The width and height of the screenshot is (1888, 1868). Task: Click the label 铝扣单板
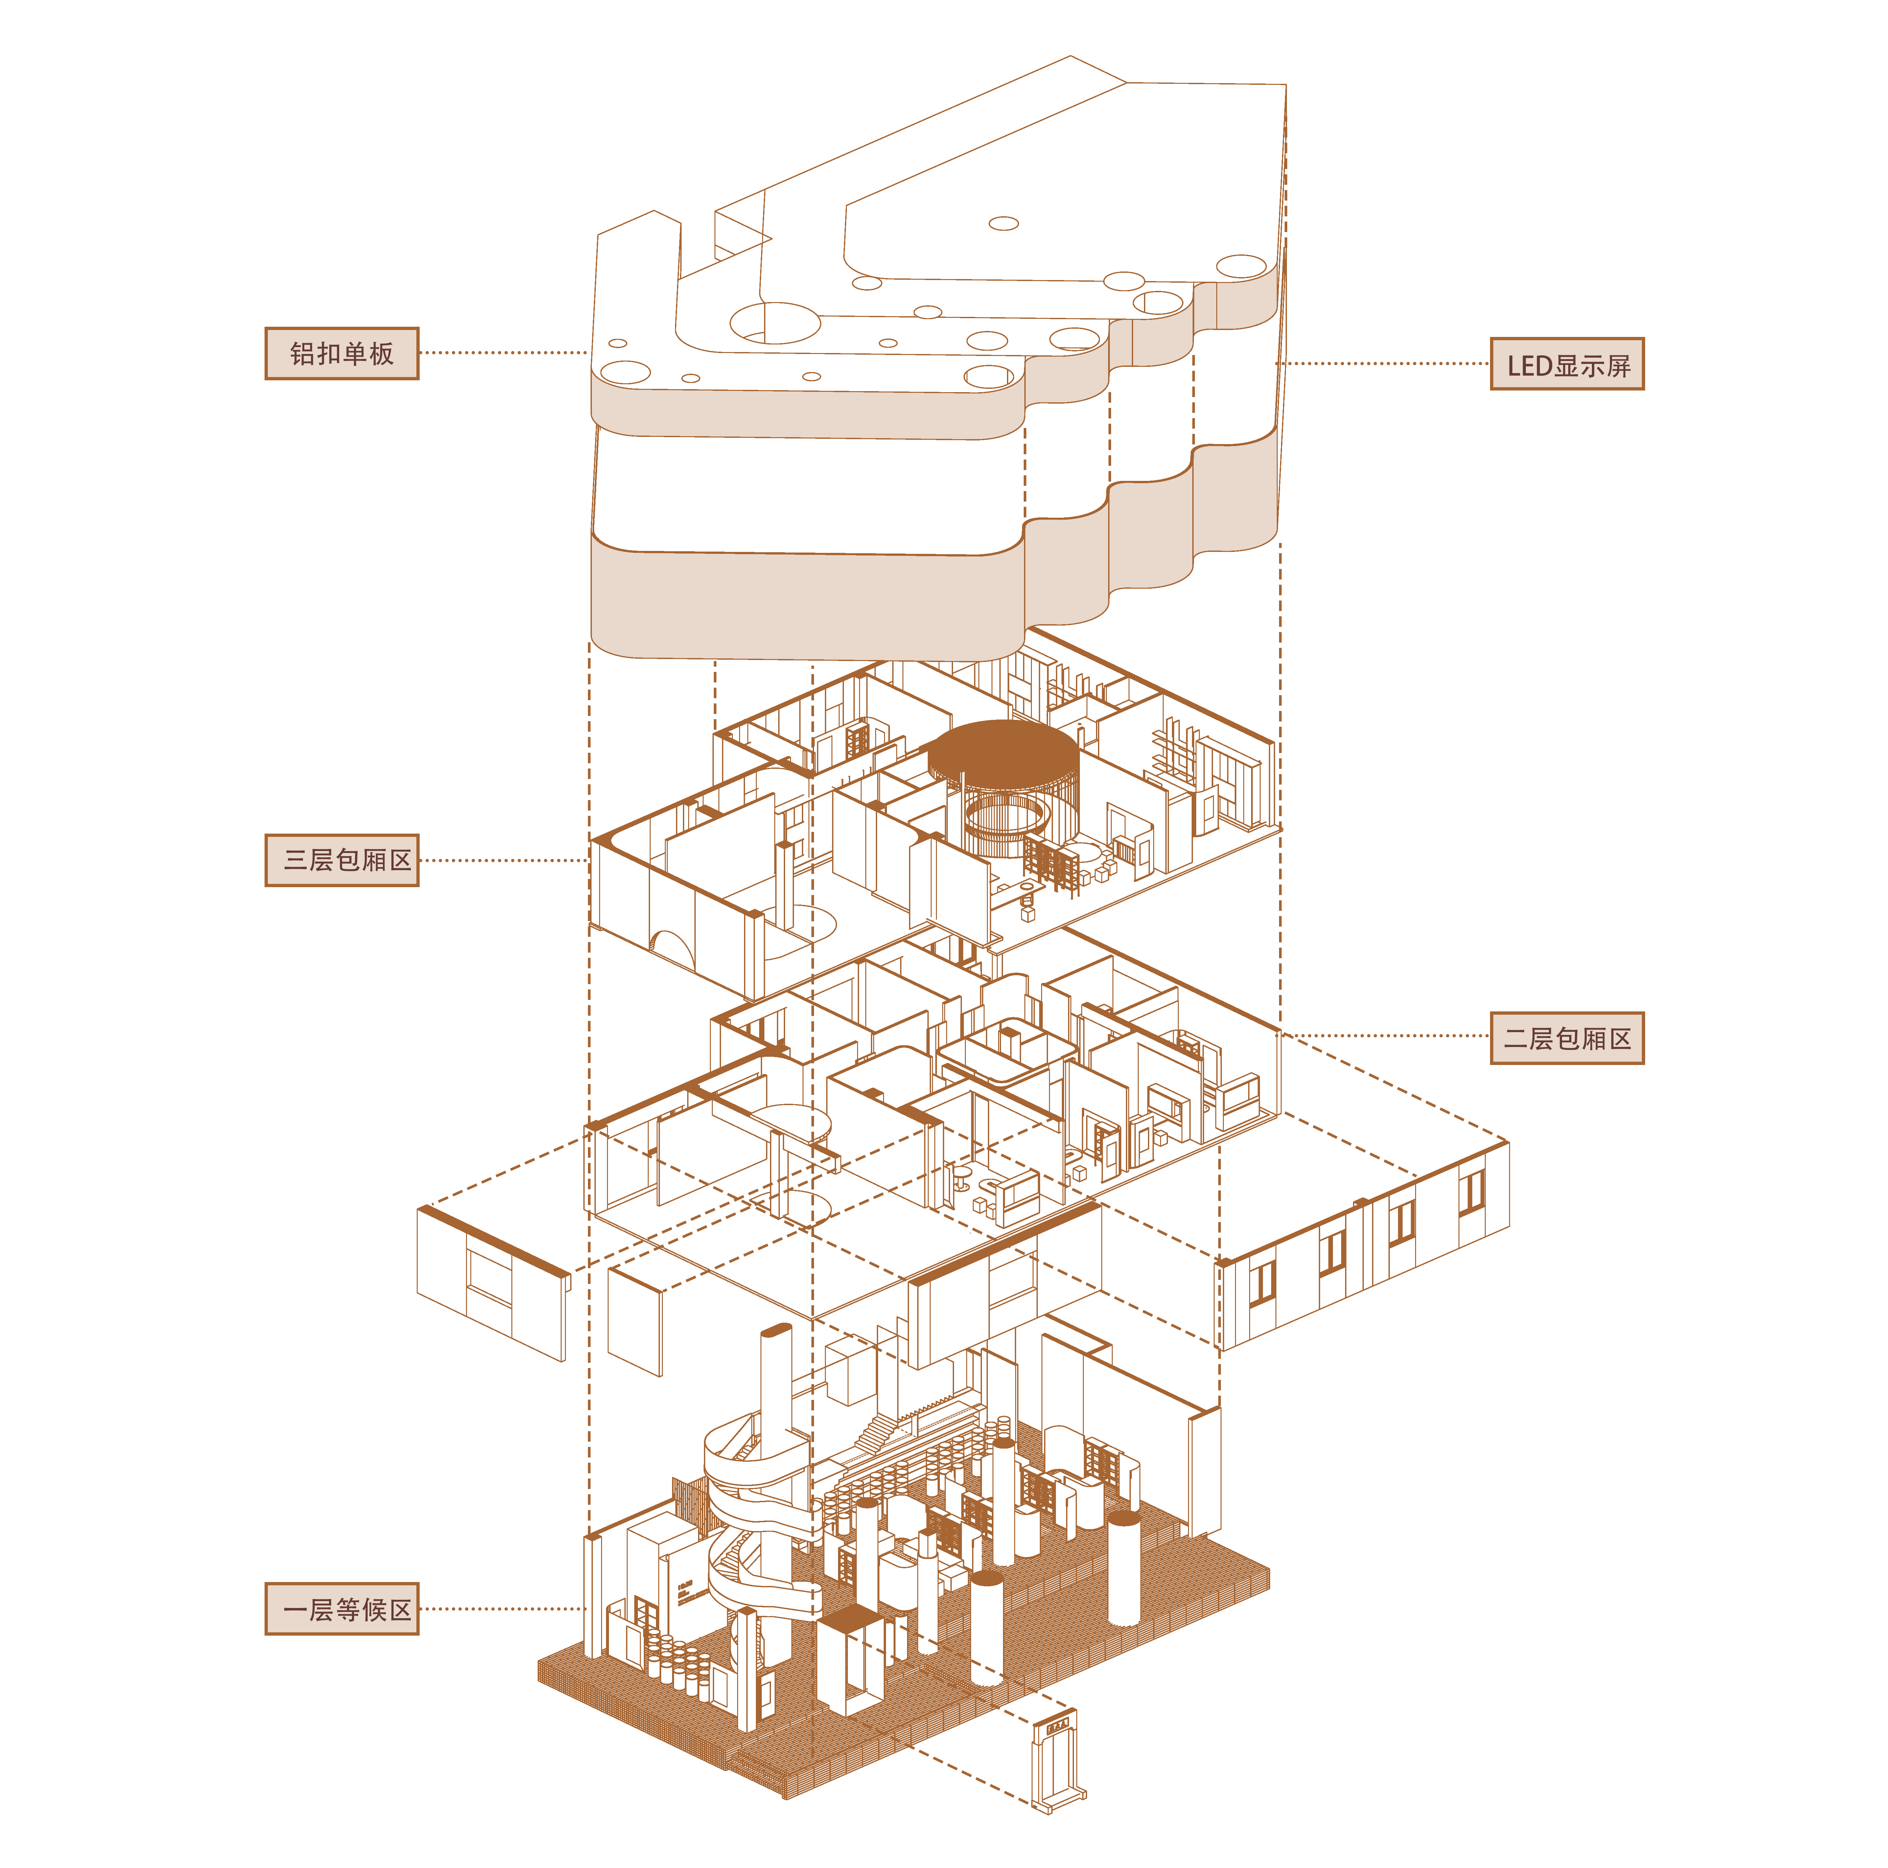[x=342, y=353]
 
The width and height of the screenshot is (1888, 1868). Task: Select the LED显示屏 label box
[x=1567, y=364]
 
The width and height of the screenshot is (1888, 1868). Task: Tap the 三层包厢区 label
[x=342, y=860]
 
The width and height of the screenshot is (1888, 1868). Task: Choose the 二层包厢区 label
[x=1567, y=1038]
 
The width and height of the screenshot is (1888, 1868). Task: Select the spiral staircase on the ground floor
[x=760, y=1525]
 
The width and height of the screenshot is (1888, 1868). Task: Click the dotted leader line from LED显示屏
[x=1383, y=364]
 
